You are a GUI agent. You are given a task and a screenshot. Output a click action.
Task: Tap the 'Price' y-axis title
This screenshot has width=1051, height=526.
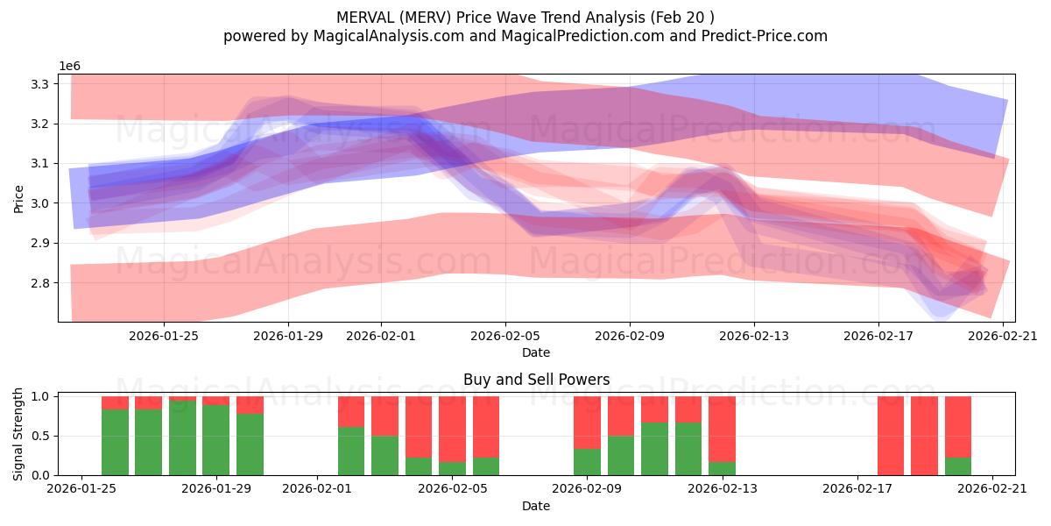(18, 198)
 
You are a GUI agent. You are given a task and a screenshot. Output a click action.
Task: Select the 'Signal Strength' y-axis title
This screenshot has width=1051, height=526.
(18, 434)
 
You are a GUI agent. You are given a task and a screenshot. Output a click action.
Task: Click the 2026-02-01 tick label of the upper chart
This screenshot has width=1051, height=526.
(381, 334)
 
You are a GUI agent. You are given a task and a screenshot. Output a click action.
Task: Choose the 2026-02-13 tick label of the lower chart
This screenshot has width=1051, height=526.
(722, 488)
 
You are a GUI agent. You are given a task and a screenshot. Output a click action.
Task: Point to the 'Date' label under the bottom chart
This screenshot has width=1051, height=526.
(536, 506)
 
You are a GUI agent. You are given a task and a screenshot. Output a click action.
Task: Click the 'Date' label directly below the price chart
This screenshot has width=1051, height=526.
(536, 352)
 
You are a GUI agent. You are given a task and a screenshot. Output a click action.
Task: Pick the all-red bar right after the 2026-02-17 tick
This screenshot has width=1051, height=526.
(891, 436)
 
